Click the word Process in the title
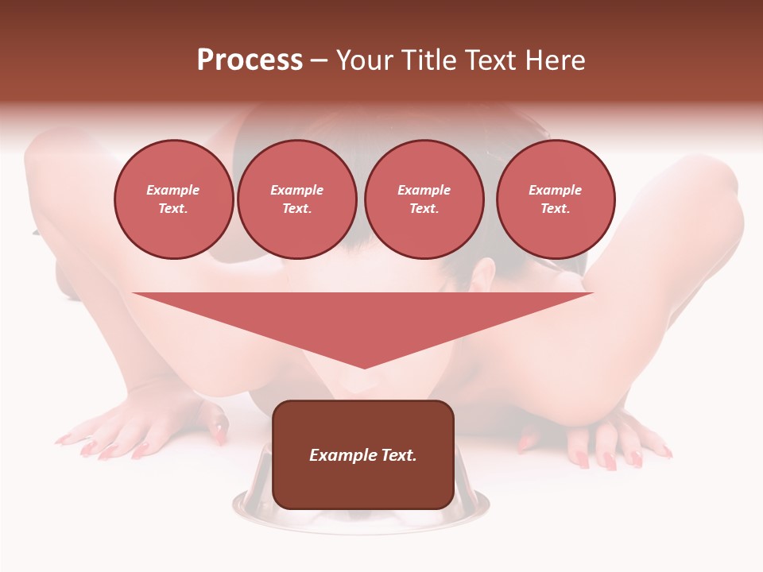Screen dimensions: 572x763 tap(250, 60)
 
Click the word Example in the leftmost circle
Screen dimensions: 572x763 tap(173, 190)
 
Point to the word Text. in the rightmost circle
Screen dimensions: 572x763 tap(556, 208)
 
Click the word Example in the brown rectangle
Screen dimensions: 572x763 tap(336, 455)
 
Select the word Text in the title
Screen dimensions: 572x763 tap(486, 60)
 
